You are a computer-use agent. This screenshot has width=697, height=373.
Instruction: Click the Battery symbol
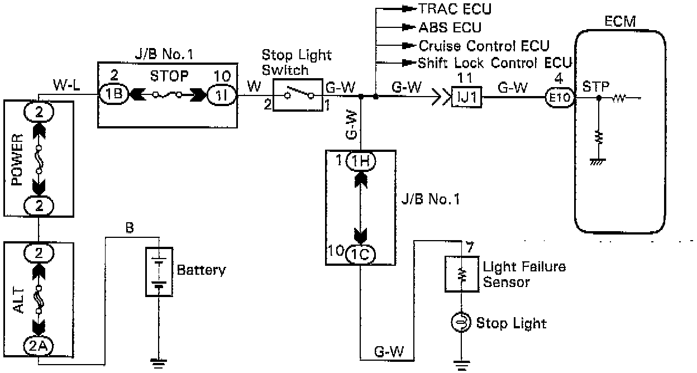(x=160, y=270)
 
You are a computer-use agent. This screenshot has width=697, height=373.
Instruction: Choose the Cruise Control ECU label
(x=484, y=45)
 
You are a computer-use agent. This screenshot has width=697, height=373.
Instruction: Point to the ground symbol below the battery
(x=159, y=362)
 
